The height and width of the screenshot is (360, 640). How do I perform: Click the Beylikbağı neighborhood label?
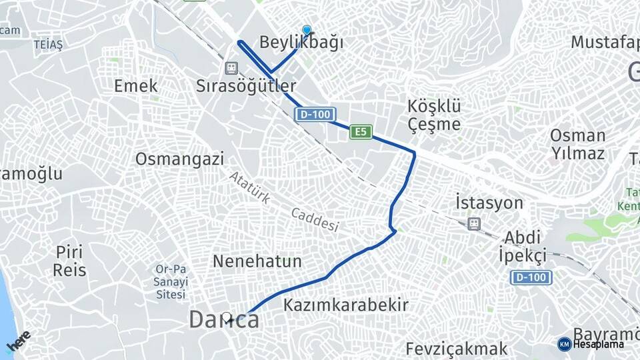301,43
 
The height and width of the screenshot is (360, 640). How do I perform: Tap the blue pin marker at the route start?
307,30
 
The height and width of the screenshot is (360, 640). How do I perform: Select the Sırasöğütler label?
246,85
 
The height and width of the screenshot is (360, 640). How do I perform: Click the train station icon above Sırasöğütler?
231,68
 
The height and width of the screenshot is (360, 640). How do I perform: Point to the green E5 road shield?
361,132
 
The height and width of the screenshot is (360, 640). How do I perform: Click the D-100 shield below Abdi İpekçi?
531,277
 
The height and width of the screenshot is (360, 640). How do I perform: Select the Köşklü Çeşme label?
434,115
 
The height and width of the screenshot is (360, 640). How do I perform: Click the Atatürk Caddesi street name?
284,201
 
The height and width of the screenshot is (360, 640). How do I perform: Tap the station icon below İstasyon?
474,223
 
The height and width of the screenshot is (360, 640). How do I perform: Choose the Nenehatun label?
257,261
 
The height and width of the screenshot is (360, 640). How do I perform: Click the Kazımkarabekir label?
345,305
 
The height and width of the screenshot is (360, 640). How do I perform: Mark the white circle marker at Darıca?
228,319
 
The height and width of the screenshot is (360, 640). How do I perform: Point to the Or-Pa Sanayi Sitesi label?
171,281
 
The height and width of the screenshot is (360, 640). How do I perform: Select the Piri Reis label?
71,261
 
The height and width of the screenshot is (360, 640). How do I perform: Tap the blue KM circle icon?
564,344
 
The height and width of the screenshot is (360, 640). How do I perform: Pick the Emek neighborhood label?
136,85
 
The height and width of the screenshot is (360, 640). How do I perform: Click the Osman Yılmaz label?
577,144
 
